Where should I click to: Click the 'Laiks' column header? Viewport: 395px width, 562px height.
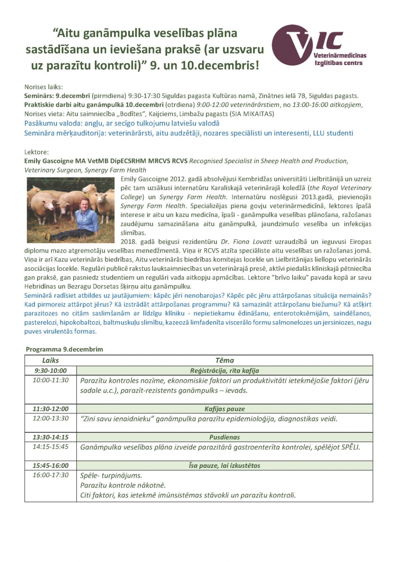51,361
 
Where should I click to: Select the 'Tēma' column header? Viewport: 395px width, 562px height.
224,361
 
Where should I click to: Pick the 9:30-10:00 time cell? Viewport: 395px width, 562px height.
51,370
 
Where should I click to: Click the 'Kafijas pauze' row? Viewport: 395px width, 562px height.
224,409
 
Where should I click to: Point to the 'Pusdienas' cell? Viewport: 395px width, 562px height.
224,437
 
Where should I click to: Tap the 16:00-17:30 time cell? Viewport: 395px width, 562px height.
51,475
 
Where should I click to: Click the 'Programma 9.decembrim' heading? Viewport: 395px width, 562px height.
65,349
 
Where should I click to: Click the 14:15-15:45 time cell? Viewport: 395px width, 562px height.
51,447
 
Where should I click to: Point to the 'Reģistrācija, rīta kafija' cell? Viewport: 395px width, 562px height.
224,370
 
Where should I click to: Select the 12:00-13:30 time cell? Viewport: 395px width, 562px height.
51,418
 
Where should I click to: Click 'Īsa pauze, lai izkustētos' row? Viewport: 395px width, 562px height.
224,466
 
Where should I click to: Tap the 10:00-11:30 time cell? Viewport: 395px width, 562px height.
51,380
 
